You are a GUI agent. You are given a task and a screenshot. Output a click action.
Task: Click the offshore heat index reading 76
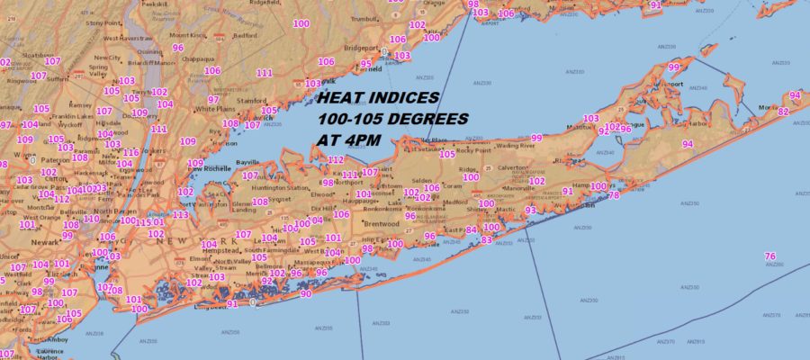point(769,256)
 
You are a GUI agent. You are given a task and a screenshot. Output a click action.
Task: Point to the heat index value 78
point(614,195)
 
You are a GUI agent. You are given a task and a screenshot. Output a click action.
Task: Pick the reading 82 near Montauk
point(783,112)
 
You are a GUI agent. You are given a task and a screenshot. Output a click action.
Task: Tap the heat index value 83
point(487,240)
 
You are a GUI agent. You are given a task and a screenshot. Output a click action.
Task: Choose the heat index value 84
point(472,229)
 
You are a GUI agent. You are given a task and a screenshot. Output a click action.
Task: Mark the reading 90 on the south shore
point(306,294)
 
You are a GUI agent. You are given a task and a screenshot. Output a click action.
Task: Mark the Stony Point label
point(103,22)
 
